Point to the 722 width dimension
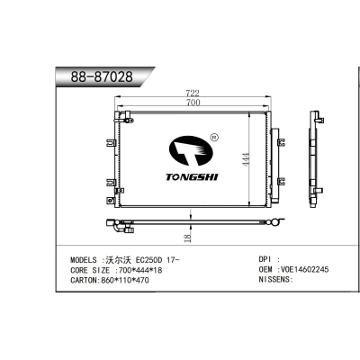pyautogui.click(x=193, y=93)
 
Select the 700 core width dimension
pyautogui.click(x=193, y=103)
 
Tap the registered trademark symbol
pyautogui.click(x=213, y=138)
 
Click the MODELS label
pyautogui.click(x=86, y=259)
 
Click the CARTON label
pyautogui.click(x=86, y=280)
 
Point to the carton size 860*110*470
pyautogui.click(x=126, y=280)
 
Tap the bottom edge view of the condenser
pyautogui.click(x=193, y=222)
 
